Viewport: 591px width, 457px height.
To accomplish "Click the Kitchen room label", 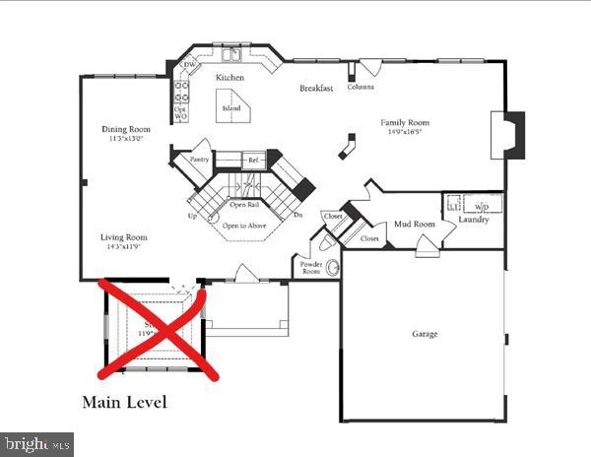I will [230, 77].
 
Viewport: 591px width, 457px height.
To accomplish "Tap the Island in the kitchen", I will [231, 108].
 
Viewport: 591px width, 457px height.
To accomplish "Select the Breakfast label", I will [316, 89].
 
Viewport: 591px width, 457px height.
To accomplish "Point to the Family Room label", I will [407, 123].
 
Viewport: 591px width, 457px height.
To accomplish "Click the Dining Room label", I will [126, 129].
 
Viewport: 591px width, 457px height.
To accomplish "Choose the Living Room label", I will [123, 237].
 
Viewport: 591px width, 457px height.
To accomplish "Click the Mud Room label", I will [415, 225].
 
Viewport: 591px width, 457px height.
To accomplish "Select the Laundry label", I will [474, 220].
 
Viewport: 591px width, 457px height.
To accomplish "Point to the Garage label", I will [425, 334].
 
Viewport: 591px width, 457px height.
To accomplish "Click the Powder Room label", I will [310, 268].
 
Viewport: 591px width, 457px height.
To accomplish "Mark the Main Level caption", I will [124, 402].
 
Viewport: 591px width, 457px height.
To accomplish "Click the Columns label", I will [360, 87].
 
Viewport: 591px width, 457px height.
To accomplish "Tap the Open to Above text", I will [244, 226].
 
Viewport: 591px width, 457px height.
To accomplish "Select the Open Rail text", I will [244, 205].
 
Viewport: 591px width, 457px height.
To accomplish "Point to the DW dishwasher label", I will [189, 65].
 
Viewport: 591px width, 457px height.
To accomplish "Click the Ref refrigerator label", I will [252, 159].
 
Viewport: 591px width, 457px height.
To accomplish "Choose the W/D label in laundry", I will [481, 207].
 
